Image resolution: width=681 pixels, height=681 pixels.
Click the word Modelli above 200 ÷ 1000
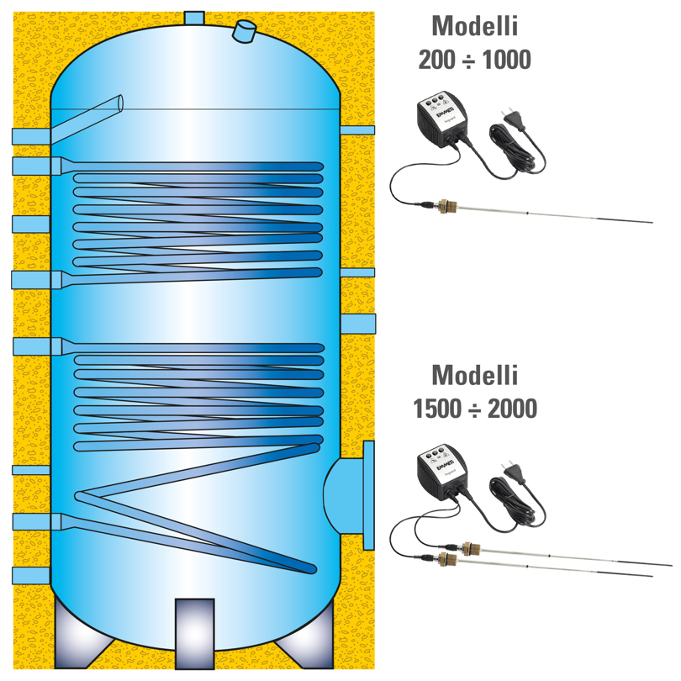pyautogui.click(x=475, y=26)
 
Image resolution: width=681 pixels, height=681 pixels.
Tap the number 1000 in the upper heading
pyautogui.click(x=505, y=61)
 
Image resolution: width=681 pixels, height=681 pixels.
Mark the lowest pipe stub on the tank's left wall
pyautogui.click(x=30, y=576)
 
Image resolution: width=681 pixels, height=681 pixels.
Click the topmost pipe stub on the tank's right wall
pyautogui.click(x=357, y=131)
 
